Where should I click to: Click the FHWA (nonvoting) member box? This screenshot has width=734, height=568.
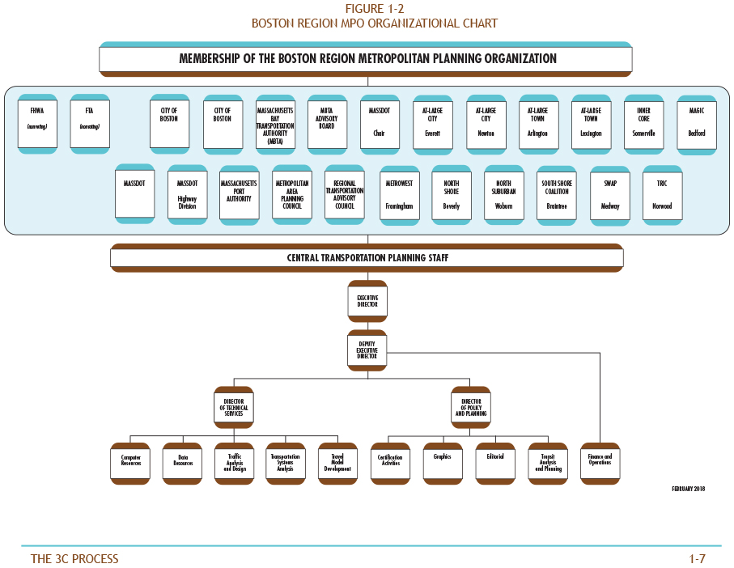tap(37, 123)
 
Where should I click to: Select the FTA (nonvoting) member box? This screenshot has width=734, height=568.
tap(90, 123)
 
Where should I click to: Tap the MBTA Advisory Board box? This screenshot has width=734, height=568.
tap(327, 123)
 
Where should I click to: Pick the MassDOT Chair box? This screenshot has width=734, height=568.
tap(380, 123)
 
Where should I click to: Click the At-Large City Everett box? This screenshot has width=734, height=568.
tap(433, 123)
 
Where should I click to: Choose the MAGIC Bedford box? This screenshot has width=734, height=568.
tap(697, 123)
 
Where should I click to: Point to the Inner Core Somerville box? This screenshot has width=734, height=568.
tap(644, 123)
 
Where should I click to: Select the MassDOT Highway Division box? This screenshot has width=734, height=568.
tap(187, 194)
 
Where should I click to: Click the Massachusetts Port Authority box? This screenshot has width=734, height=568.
tap(239, 194)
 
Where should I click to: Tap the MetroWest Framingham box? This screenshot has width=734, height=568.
tap(400, 194)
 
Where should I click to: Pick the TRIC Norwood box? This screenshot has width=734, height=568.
tap(662, 194)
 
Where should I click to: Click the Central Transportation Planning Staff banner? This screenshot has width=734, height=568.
tap(367, 258)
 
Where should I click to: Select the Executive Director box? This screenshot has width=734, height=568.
tap(367, 301)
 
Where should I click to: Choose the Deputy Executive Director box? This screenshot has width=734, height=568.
tap(367, 350)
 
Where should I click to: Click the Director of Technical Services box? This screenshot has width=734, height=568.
tap(235, 407)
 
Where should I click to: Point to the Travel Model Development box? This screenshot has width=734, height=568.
tap(338, 464)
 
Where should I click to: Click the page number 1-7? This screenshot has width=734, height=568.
tap(697, 558)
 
